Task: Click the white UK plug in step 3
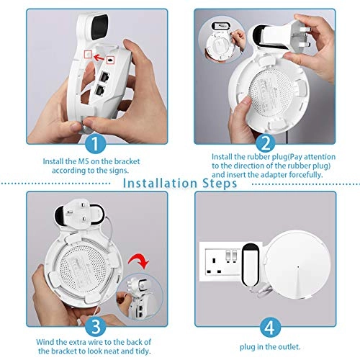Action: [81, 213]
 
